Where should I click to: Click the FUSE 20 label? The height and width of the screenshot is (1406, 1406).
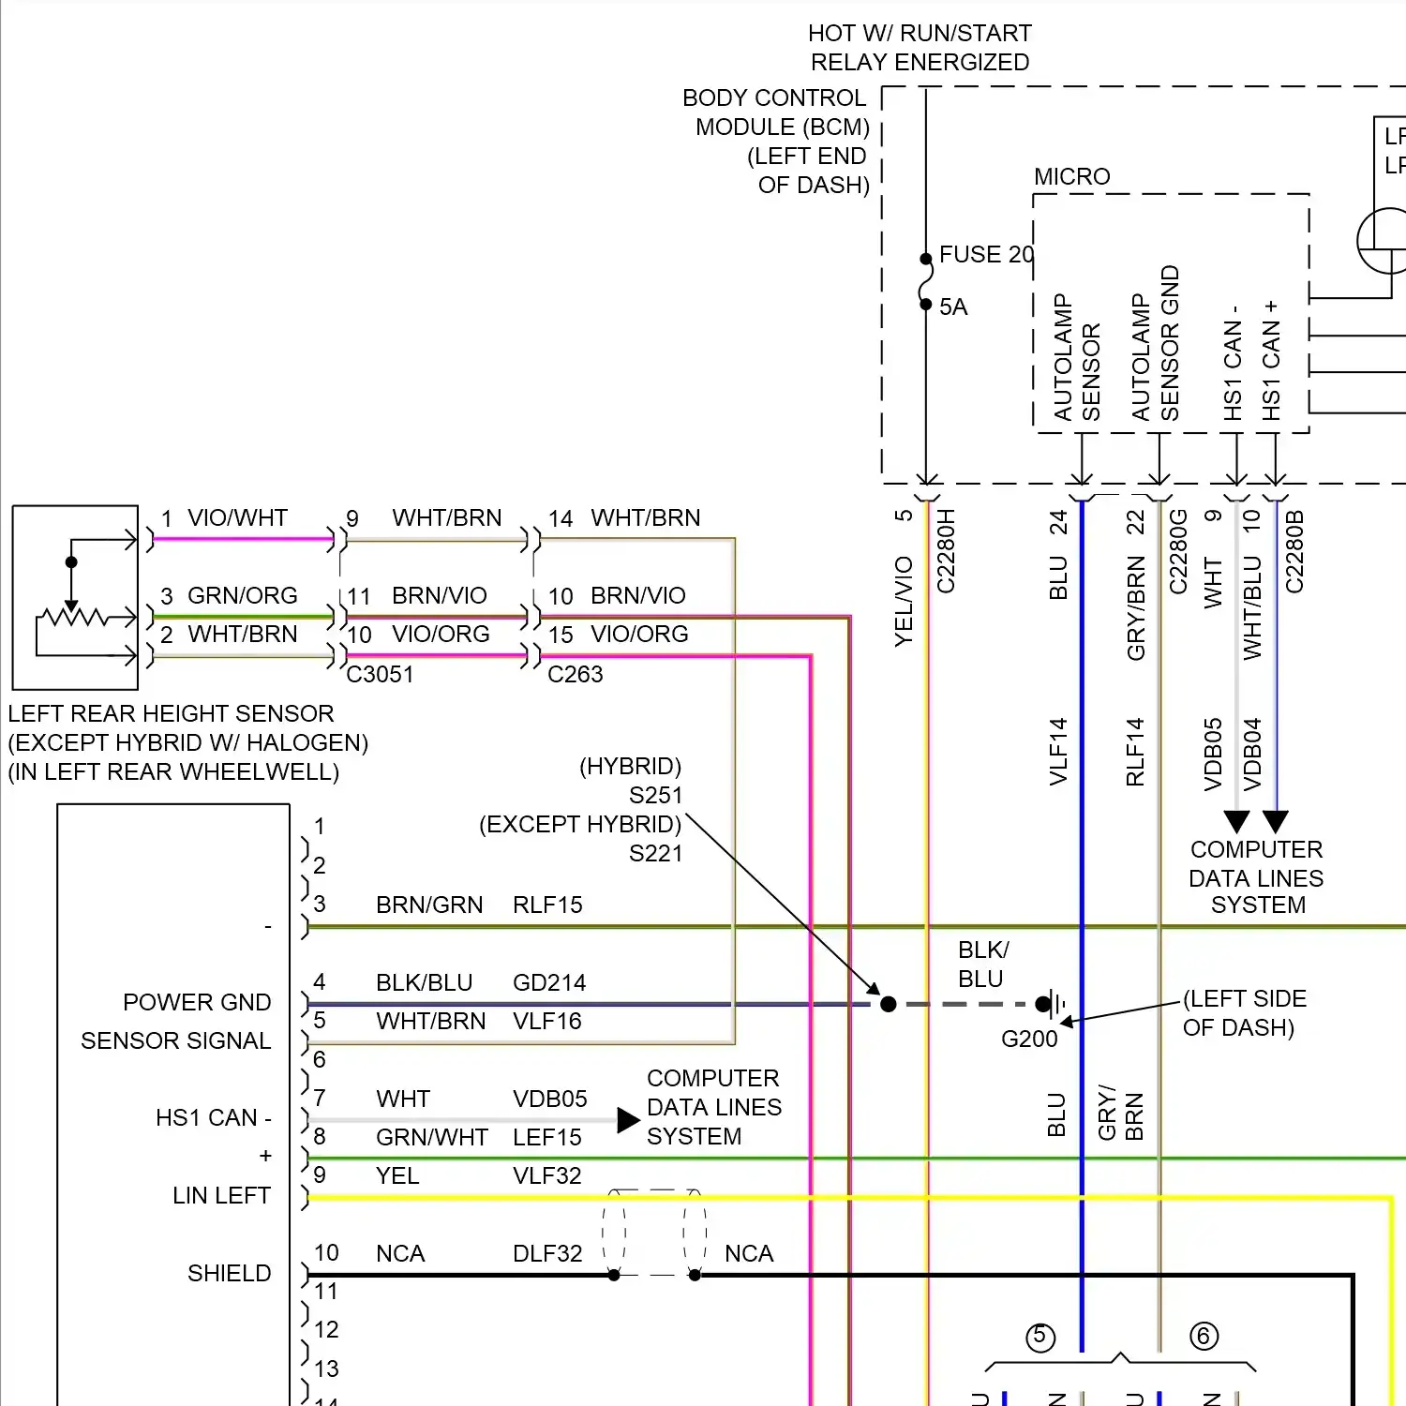tap(986, 255)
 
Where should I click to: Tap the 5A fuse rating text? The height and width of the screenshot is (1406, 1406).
tap(953, 307)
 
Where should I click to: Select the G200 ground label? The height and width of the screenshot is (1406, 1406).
tap(1029, 1039)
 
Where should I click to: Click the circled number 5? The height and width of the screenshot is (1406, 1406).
tap(1040, 1337)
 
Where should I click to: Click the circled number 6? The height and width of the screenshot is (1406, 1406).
tap(1204, 1336)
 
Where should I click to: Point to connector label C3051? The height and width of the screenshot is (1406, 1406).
tap(380, 675)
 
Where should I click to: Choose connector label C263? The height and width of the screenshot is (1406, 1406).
tap(576, 675)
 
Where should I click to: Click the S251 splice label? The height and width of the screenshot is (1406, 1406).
tap(656, 796)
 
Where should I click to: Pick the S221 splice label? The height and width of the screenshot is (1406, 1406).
tap(656, 854)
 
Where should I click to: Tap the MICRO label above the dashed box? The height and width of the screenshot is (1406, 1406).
tap(1071, 177)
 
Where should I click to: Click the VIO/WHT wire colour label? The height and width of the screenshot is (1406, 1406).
tap(237, 518)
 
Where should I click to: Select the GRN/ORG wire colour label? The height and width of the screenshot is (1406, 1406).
tap(242, 596)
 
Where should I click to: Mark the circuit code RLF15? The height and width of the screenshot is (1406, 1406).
tap(547, 905)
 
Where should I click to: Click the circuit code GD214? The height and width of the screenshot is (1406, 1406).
tap(549, 983)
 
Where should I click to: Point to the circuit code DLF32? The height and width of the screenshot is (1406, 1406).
tap(547, 1254)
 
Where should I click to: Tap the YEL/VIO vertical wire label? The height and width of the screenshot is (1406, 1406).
tap(904, 601)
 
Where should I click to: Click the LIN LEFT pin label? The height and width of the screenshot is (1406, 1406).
tap(221, 1196)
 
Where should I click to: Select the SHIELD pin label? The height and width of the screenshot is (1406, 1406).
tap(229, 1274)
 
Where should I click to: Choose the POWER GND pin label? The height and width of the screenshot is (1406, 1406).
tap(197, 1003)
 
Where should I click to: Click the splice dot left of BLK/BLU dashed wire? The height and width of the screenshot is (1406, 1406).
tap(889, 1005)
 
